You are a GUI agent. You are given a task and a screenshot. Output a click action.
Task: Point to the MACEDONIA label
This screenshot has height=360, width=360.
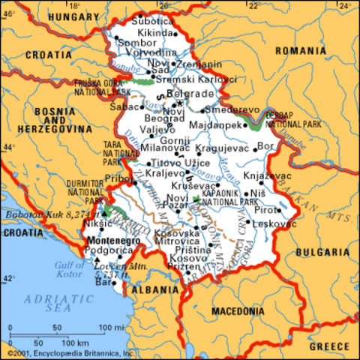tap(236, 310)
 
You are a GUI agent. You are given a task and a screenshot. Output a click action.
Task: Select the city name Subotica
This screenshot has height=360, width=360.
tap(151, 22)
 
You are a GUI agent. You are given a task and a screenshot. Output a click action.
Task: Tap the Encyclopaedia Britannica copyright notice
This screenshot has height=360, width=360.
tap(69, 352)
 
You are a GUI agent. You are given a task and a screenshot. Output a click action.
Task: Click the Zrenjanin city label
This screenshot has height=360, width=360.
tap(198, 64)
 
